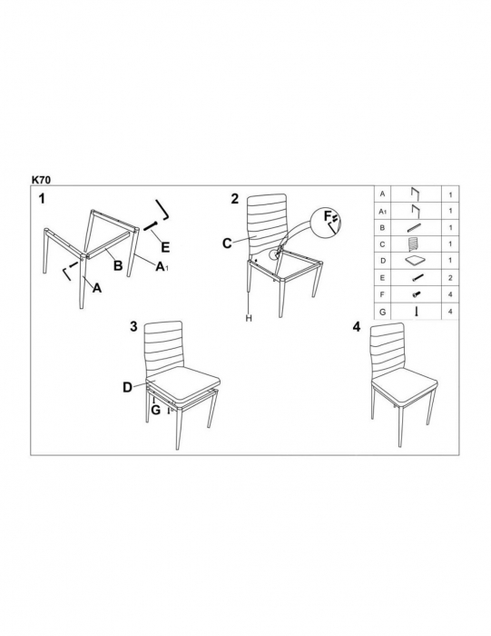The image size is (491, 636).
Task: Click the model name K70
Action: pos(42,179)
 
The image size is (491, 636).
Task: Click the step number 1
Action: pos(42,199)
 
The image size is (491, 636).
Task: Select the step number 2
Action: pos(235,199)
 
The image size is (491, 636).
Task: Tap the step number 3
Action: pos(133,326)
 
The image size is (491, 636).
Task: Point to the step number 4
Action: pos(357,327)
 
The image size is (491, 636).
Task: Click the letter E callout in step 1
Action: pos(165,247)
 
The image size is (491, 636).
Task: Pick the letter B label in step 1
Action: pos(118,265)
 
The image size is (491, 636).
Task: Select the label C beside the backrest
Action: pos(227,243)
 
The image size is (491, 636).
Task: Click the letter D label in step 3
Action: pos(128,388)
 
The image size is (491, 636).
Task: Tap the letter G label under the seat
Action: pos(155,410)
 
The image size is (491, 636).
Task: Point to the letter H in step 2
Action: pos(249,318)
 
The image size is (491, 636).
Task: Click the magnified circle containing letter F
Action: pos(327,222)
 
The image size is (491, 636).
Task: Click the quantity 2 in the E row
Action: pos(450,278)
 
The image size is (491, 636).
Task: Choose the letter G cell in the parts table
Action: pos(382,312)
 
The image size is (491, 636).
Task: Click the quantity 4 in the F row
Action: pos(450,295)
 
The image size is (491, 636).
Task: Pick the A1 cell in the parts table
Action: pos(383,212)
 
